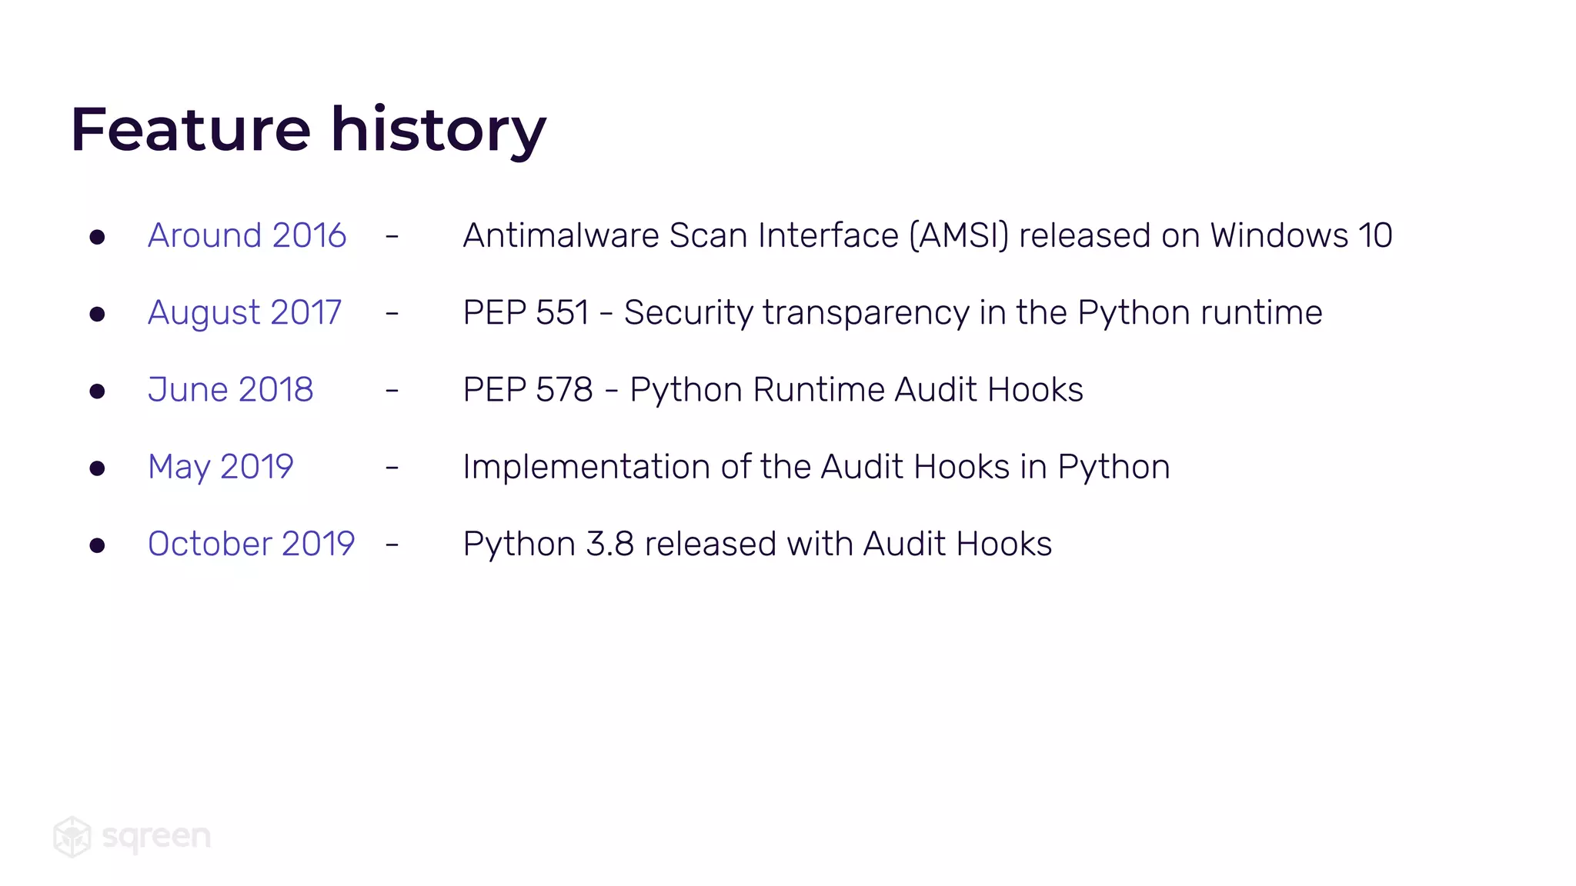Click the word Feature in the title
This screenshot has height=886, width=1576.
(x=191, y=129)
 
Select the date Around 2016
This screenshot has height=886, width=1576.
(x=247, y=235)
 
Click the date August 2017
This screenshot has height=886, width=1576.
(x=245, y=313)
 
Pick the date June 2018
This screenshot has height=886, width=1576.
(x=231, y=390)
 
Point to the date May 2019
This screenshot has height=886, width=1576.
(x=221, y=467)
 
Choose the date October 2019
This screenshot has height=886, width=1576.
(x=252, y=544)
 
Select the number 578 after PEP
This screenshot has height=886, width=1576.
(x=564, y=390)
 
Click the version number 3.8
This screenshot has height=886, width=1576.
(x=609, y=544)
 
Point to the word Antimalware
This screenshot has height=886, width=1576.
(x=561, y=235)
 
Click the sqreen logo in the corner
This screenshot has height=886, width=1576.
(x=132, y=836)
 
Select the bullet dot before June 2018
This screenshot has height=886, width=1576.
(x=97, y=391)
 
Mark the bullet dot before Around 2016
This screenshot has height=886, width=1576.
(x=97, y=237)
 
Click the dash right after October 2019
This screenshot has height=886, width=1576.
(x=392, y=545)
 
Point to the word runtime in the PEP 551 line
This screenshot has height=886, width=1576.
(x=1261, y=313)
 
